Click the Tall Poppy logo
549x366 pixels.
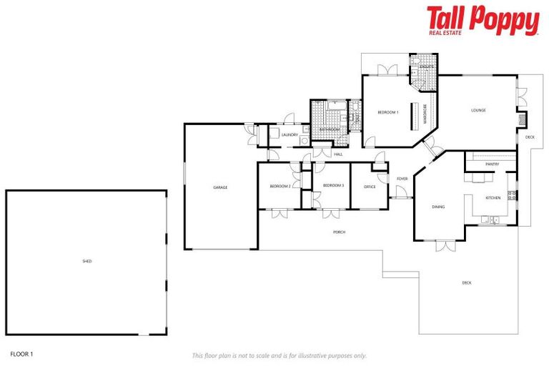click(483, 20)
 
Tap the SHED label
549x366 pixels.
click(86, 261)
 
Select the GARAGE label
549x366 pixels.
click(220, 187)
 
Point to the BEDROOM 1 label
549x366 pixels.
click(387, 112)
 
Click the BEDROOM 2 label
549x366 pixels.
click(280, 187)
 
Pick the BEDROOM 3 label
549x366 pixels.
click(333, 186)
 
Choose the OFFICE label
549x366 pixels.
click(370, 187)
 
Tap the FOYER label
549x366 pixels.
click(402, 179)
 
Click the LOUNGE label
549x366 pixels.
click(478, 110)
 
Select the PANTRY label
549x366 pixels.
click(492, 164)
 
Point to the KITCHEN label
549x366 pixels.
click(493, 197)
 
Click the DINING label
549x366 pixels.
click(438, 207)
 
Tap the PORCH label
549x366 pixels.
click(340, 232)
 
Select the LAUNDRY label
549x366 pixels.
click(290, 134)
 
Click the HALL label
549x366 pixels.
click(338, 154)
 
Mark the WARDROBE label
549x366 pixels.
click(425, 114)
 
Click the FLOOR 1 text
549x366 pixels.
click(22, 353)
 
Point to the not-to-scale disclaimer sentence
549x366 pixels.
click(279, 355)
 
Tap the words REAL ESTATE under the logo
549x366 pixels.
click(445, 31)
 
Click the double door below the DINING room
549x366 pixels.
click(446, 245)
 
